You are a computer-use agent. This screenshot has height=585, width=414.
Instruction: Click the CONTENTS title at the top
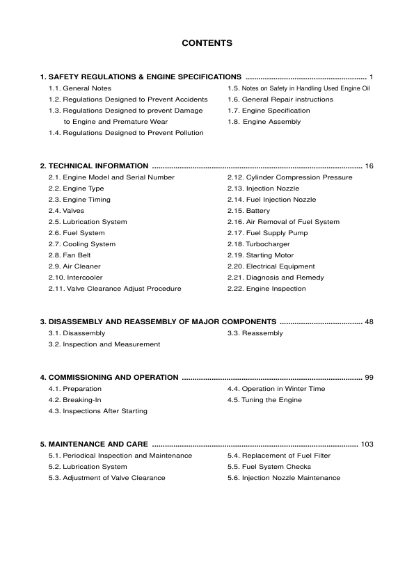pos(207,43)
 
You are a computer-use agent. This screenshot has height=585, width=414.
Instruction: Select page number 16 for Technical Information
pos(369,166)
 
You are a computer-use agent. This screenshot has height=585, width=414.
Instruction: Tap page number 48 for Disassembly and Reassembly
pos(369,322)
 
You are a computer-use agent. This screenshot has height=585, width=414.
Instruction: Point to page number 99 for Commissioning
pos(369,378)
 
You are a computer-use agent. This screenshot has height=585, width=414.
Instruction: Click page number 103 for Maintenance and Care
pos(367,444)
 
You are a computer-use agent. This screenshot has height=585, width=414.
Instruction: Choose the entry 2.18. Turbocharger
pos(258,244)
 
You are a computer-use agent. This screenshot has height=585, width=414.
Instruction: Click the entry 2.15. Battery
pos(248,211)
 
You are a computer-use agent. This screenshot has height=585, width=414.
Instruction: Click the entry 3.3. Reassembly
pos(255,333)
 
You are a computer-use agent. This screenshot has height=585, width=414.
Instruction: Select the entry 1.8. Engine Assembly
pos(264,122)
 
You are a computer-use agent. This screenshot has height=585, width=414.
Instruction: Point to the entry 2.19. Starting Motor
pos(260,255)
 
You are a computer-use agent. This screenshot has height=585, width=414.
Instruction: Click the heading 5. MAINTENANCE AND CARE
pos(93,444)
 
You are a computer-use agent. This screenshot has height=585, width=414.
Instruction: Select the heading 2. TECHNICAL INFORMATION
pos(94,166)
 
